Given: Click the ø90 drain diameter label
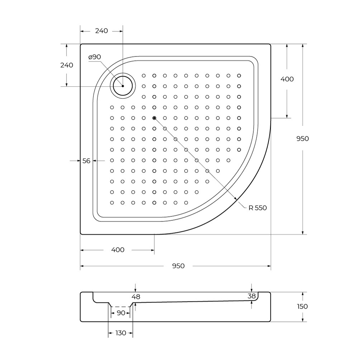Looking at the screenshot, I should click(95, 57).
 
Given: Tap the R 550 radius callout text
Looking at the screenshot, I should click(257, 208).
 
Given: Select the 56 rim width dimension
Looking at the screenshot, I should click(86, 161).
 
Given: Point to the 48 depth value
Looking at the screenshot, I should click(136, 297).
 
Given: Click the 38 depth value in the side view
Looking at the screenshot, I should click(252, 296).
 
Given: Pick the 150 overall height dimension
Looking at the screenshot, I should click(302, 306).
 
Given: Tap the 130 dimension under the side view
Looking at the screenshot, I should click(121, 333).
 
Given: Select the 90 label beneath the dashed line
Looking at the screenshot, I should click(121, 313).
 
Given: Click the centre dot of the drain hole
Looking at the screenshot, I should click(123, 86).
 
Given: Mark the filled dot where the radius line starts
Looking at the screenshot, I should click(154, 118).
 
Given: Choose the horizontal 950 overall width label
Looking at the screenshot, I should click(178, 266).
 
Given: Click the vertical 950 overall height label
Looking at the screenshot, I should click(302, 139).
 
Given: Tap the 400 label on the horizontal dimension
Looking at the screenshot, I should click(118, 250).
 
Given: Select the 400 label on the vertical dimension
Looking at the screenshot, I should click(287, 79).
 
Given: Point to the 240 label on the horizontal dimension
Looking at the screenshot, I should click(102, 31).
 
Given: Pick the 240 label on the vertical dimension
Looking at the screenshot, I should click(67, 65).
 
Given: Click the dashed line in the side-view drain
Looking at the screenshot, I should click(121, 307).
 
